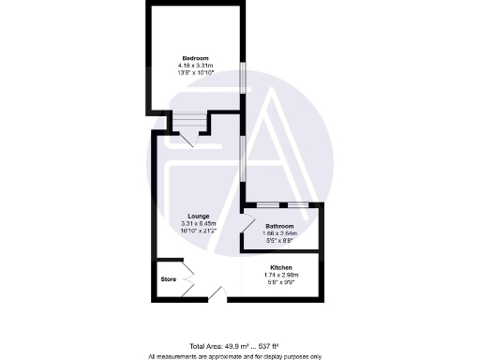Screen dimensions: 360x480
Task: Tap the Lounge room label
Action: tap(198, 217)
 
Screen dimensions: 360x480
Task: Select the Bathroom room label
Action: tap(279, 227)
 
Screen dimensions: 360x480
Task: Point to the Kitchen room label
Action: tap(281, 267)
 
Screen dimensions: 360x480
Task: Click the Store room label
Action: tap(168, 278)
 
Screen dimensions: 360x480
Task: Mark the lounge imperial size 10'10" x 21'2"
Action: tap(198, 231)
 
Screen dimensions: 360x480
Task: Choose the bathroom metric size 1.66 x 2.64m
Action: tap(279, 234)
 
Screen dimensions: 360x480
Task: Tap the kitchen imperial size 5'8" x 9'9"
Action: tap(281, 281)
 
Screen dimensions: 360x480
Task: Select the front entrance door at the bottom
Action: tap(216, 294)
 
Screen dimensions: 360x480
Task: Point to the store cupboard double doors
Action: tap(187, 279)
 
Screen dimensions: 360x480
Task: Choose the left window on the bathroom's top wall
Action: tap(268, 204)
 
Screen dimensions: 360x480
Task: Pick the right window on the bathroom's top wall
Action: tap(297, 204)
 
